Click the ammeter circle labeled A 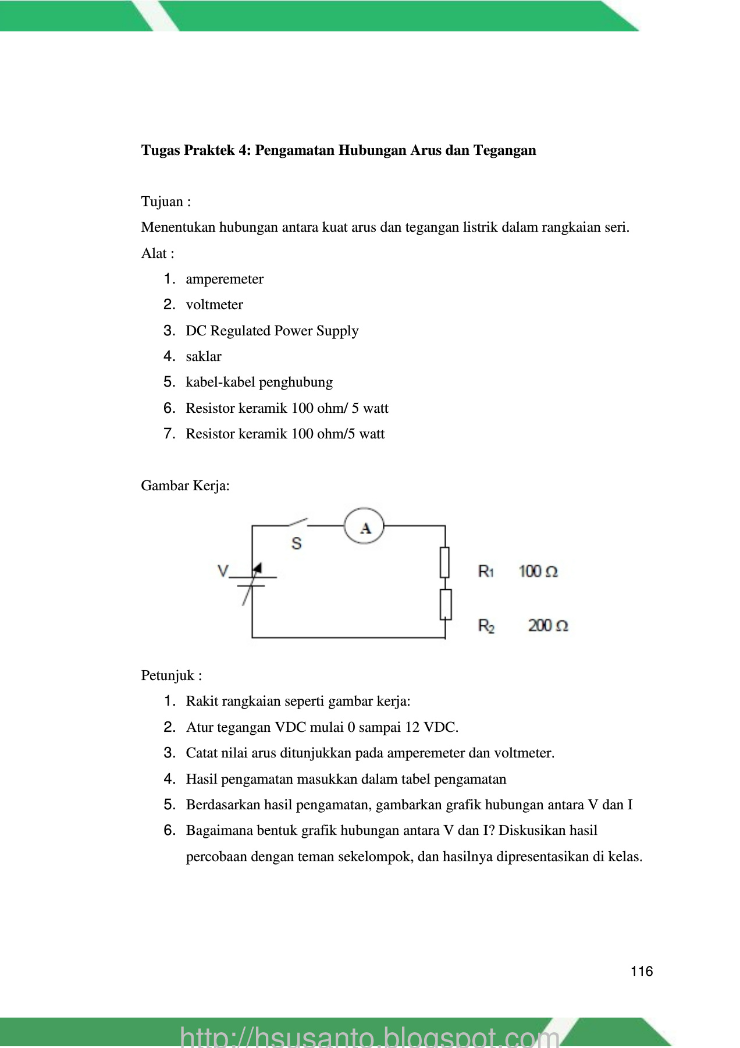pyautogui.click(x=365, y=526)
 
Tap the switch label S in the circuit pyautogui.click(x=297, y=544)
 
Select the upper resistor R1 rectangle pyautogui.click(x=445, y=562)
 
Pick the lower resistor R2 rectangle pyautogui.click(x=445, y=604)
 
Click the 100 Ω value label pyautogui.click(x=538, y=571)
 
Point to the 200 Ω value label pyautogui.click(x=547, y=626)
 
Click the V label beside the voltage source pyautogui.click(x=223, y=571)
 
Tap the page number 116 pyautogui.click(x=642, y=971)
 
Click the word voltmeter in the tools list pyautogui.click(x=214, y=305)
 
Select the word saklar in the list pyautogui.click(x=204, y=356)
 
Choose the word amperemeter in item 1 pyautogui.click(x=225, y=279)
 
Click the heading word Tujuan pyautogui.click(x=162, y=201)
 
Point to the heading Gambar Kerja pyautogui.click(x=185, y=486)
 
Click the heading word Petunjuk pyautogui.click(x=168, y=675)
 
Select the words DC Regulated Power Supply pyautogui.click(x=272, y=331)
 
